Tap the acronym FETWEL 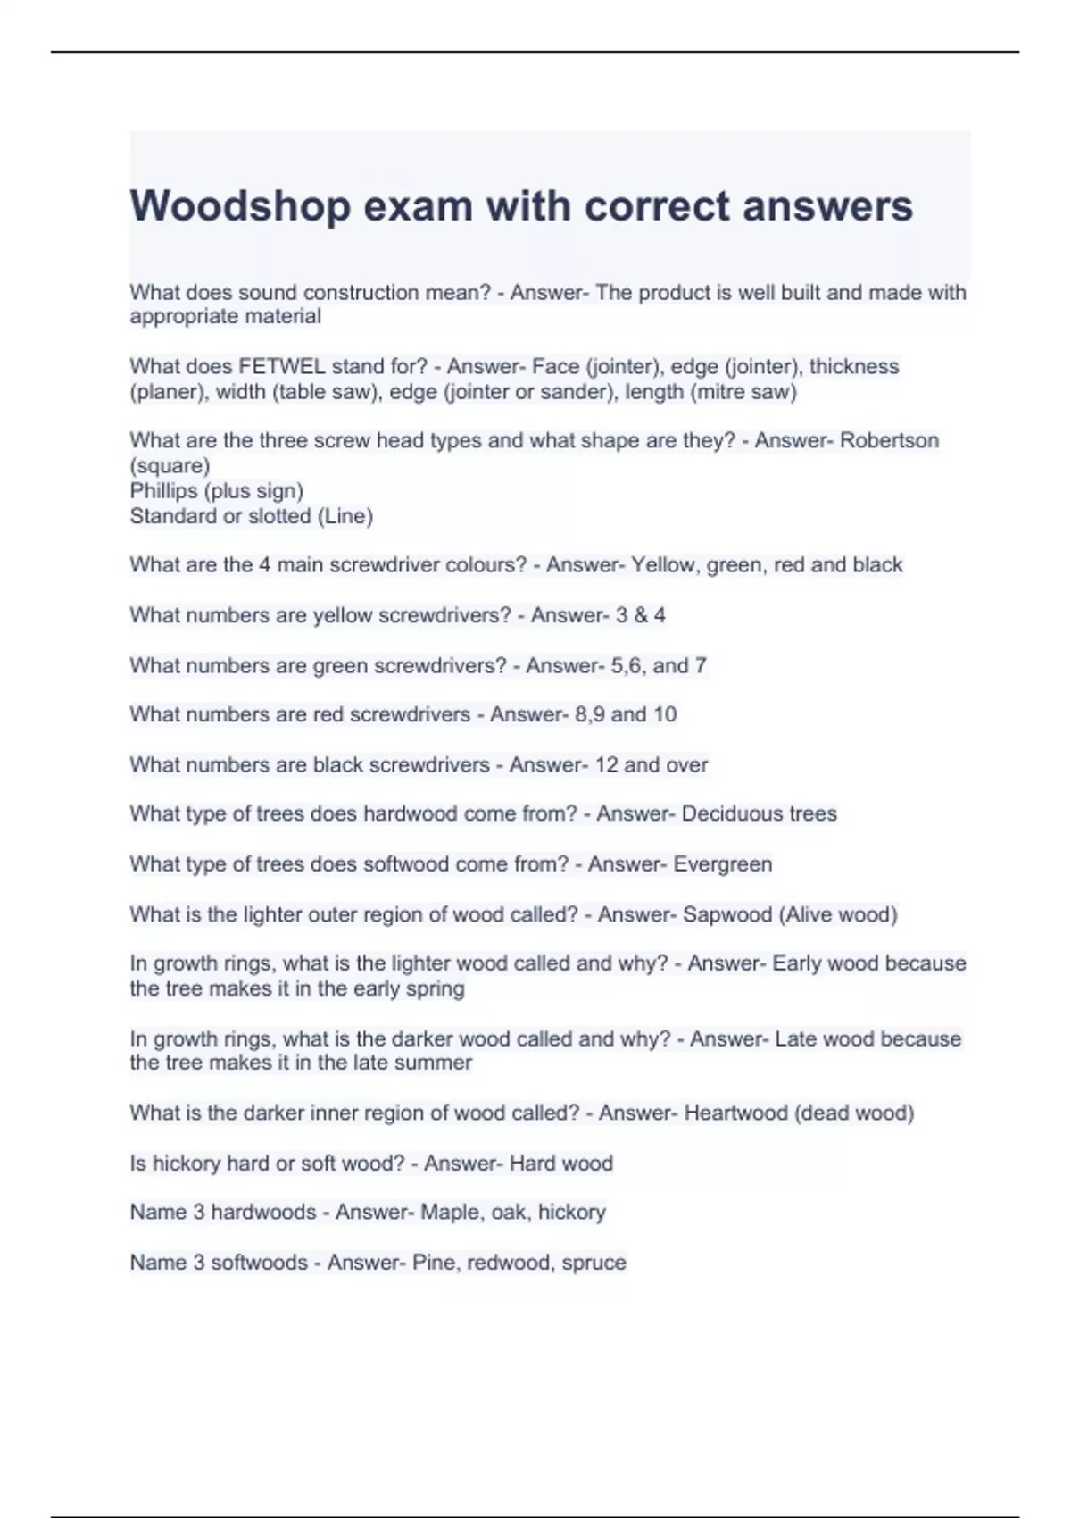(x=282, y=367)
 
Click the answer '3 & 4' (x=640, y=615)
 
